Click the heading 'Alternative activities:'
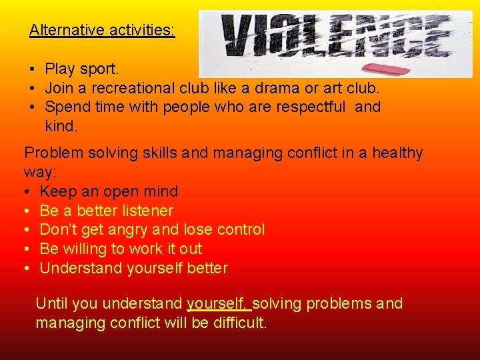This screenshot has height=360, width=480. coord(102,30)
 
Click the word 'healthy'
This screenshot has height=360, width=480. coord(397,153)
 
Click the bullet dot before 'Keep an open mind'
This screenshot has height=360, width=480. coord(27,192)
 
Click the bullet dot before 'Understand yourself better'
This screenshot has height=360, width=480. coord(27,269)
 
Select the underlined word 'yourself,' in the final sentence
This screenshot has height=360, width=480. coord(218,304)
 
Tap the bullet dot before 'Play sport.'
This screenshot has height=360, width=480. coord(32,69)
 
